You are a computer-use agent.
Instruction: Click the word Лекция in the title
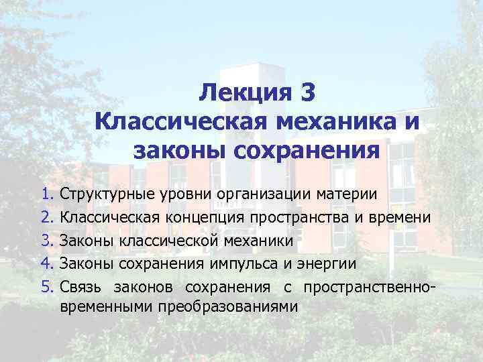[x=245, y=93]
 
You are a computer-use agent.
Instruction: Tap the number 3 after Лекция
[x=307, y=93]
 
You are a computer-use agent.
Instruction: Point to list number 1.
[x=46, y=194]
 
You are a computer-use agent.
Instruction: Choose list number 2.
[x=46, y=217]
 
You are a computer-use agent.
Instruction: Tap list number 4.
[x=46, y=264]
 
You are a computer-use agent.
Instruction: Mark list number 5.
[x=46, y=288]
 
